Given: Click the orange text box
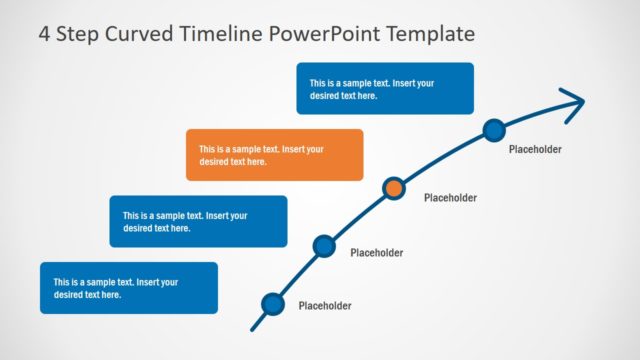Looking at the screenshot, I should (274, 155).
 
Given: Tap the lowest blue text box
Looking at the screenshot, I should (128, 288).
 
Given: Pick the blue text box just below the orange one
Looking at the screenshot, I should (198, 221).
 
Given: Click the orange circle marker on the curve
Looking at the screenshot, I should (395, 187).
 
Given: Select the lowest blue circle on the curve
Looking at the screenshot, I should (271, 304).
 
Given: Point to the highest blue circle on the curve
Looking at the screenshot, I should (493, 129).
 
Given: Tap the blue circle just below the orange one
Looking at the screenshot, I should (323, 245).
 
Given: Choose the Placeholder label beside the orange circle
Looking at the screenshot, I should (450, 198).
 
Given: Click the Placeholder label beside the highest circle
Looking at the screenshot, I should (535, 149).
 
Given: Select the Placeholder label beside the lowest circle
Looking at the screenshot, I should (325, 306).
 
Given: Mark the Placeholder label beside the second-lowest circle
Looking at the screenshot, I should (377, 253).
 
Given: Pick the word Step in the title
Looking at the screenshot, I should (78, 34).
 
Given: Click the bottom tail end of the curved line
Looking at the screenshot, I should (254, 327).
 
